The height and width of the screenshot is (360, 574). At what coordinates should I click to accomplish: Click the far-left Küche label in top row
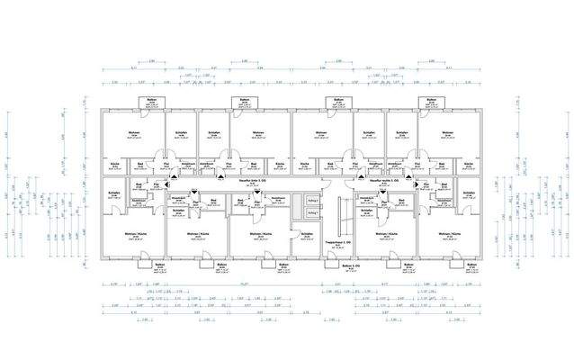point(114,164)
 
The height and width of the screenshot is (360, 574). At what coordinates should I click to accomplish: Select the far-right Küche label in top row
point(467,164)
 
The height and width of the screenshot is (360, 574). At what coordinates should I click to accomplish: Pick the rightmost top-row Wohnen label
point(447,133)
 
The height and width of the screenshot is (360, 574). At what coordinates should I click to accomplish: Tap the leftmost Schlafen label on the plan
point(113,193)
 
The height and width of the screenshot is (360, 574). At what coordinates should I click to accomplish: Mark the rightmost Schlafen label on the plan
point(468,193)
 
